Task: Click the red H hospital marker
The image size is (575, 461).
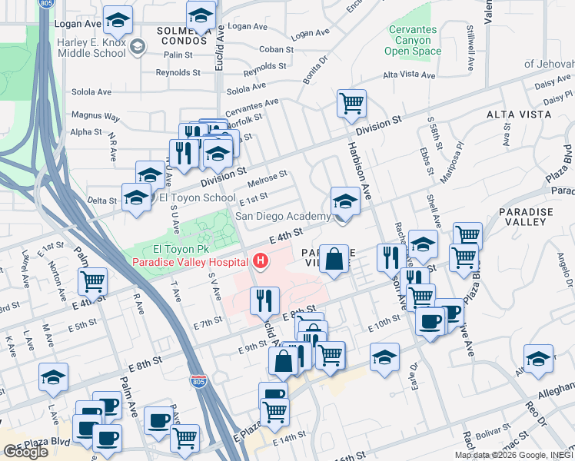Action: pyautogui.click(x=261, y=262)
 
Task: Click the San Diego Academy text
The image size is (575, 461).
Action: pyautogui.click(x=282, y=216)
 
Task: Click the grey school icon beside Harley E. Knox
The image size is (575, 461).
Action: pyautogui.click(x=138, y=48)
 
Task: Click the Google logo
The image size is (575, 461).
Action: pyautogui.click(x=25, y=452)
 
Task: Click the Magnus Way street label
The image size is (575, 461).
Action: pyautogui.click(x=95, y=117)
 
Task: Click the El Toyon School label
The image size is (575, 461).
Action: pyautogui.click(x=197, y=197)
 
